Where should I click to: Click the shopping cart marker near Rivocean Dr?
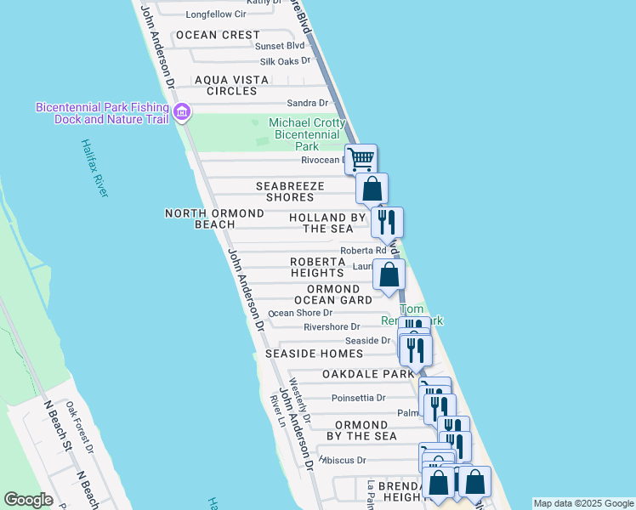361,159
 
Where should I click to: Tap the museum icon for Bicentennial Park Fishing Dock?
181,112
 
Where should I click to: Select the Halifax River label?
94,168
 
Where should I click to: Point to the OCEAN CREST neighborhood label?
218,35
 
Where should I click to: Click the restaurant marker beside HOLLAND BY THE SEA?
387,222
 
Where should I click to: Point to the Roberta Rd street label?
363,251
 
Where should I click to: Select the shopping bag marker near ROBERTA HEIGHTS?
389,275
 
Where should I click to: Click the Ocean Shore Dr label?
300,313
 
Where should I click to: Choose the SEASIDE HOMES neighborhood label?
314,354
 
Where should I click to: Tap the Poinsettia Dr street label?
358,397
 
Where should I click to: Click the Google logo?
28,500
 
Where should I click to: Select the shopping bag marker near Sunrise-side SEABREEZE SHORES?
372,188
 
